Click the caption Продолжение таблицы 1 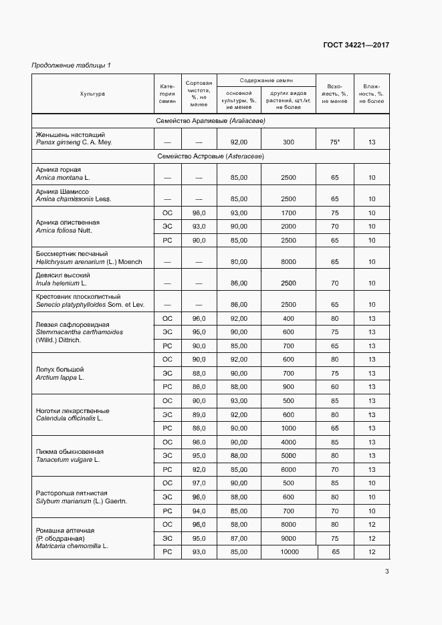[71, 65]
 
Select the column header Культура [92, 94]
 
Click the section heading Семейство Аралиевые [211, 121]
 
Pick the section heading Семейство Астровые [211, 156]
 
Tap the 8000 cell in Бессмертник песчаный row [288, 262]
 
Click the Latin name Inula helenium [58, 283]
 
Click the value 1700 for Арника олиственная [288, 213]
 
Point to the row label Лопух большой [60, 369]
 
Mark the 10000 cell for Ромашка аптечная [288, 552]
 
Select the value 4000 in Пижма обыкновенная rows [288, 443]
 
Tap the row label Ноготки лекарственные [72, 410]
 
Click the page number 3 [387, 570]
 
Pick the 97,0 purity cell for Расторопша [199, 483]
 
